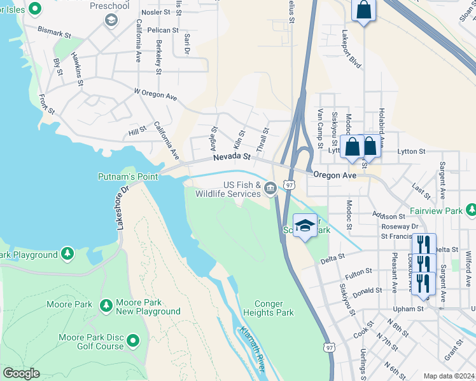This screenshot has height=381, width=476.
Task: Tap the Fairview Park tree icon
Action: click(x=471, y=210)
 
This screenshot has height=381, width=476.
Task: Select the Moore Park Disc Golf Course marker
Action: click(x=134, y=342)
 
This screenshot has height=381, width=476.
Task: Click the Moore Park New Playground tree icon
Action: click(x=106, y=306)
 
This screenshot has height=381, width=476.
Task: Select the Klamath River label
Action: click(x=253, y=350)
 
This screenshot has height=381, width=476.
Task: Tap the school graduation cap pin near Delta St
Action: click(x=305, y=225)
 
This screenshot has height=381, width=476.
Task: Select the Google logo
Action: click(x=21, y=373)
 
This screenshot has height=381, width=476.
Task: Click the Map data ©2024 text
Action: click(x=449, y=376)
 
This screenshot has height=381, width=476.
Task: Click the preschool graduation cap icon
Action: click(x=111, y=20)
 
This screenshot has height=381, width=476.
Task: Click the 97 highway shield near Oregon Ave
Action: click(x=290, y=185)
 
